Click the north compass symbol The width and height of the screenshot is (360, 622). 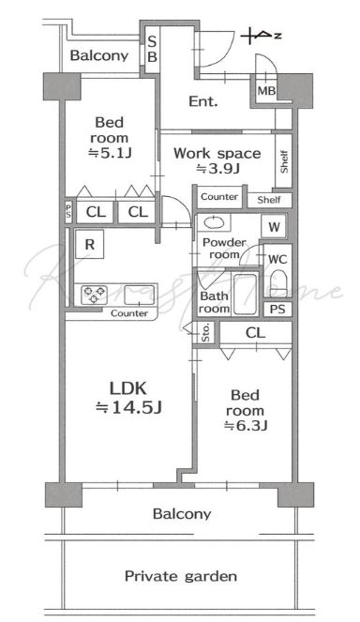(261, 36)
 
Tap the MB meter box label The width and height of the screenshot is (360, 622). (266, 91)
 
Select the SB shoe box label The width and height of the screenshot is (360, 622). (152, 49)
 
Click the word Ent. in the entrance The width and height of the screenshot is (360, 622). (203, 101)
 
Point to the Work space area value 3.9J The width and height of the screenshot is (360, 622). (218, 169)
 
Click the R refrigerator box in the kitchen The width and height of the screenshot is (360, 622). (90, 244)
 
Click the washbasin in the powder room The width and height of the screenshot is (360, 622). (214, 223)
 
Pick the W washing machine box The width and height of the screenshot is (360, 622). (274, 227)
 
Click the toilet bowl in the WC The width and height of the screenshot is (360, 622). (279, 282)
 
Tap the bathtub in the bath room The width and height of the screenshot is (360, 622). (245, 294)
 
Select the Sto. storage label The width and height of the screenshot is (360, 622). (205, 332)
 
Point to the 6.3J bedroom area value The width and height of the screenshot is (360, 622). (246, 426)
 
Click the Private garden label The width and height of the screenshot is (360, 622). (181, 576)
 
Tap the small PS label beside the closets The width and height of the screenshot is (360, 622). (68, 211)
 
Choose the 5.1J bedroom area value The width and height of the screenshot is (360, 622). (110, 153)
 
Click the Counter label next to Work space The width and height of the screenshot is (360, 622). (219, 196)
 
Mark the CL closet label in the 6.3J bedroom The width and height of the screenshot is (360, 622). (255, 333)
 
